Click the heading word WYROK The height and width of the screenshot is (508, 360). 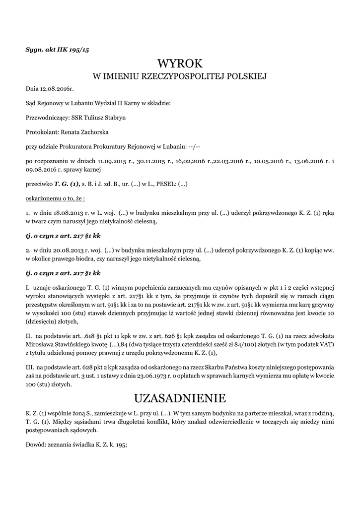tap(180, 63)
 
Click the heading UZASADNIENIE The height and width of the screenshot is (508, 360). tap(180, 398)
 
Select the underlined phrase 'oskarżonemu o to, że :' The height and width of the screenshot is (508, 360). tap(55, 198)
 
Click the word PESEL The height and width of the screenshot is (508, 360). tap(161, 184)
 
